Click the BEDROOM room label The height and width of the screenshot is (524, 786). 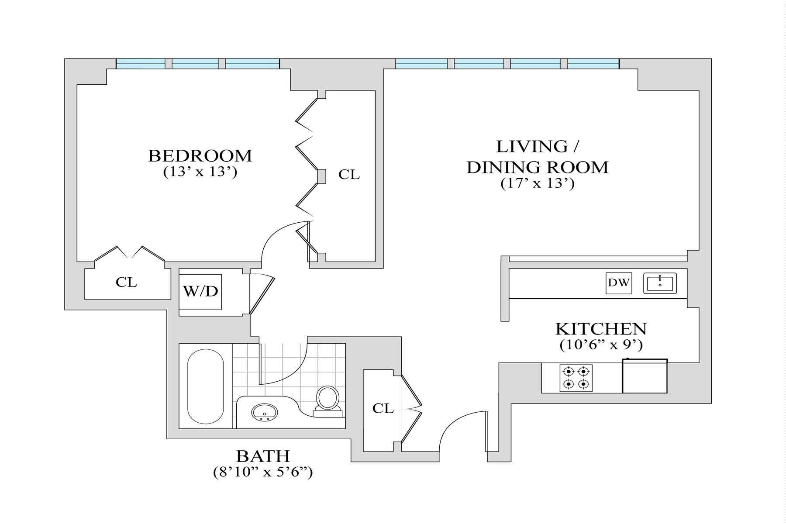[x=200, y=156]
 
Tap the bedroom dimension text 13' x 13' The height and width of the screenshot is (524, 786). [x=200, y=172]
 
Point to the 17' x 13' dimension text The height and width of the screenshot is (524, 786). [x=537, y=183]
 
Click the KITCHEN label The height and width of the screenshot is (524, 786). [x=601, y=328]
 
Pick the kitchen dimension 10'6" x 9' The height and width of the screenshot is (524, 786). [x=601, y=345]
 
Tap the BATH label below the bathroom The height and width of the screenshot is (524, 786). [x=263, y=456]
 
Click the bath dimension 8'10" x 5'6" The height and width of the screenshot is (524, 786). [x=263, y=472]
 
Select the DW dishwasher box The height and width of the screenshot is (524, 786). [x=619, y=283]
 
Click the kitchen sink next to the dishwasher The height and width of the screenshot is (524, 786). [x=660, y=283]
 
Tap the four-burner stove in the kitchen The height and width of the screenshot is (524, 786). [x=576, y=378]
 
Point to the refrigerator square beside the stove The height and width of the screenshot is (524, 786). [x=645, y=376]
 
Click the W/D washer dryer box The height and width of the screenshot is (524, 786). [x=201, y=292]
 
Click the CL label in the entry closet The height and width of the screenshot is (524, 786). [x=383, y=408]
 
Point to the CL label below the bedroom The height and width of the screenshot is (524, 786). [x=126, y=283]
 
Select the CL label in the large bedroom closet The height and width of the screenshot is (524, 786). [x=349, y=175]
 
